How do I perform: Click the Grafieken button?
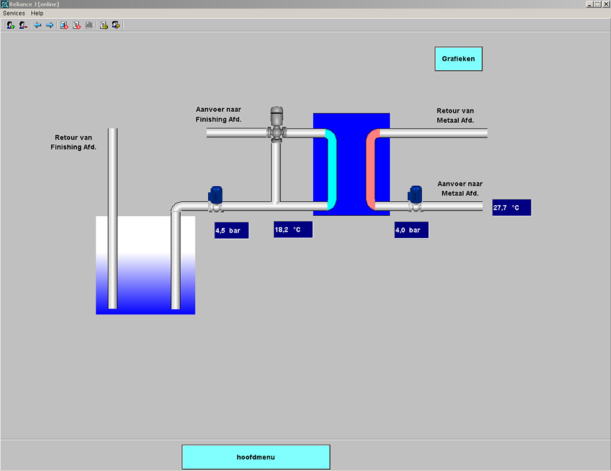point(458,59)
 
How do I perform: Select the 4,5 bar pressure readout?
point(232,230)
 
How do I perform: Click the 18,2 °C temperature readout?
point(293,230)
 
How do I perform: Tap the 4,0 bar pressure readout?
point(411,230)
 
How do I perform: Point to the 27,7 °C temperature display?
point(511,208)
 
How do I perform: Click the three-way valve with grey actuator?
point(277,124)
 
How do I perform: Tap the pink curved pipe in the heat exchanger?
point(370,169)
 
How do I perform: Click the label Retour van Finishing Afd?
point(73,142)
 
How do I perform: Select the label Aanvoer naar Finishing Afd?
point(219,114)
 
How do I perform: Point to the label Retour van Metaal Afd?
point(455,115)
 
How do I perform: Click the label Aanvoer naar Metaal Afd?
point(460,189)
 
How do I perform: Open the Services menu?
point(13,13)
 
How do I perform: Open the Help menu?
point(37,13)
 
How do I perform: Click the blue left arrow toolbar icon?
point(37,25)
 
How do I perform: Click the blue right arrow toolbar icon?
point(49,25)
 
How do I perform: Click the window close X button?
point(606,4)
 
